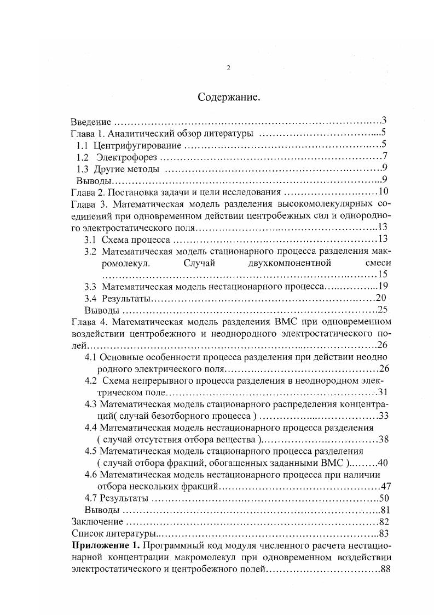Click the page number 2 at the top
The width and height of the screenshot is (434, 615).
coord(228,68)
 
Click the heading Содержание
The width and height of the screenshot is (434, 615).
coord(228,98)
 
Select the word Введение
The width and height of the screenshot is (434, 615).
coord(91,122)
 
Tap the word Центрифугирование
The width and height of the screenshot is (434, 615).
coord(137,145)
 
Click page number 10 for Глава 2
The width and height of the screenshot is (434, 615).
coord(383,192)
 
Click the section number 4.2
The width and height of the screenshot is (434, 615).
coord(90,380)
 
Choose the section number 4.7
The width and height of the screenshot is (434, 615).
coord(90,498)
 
